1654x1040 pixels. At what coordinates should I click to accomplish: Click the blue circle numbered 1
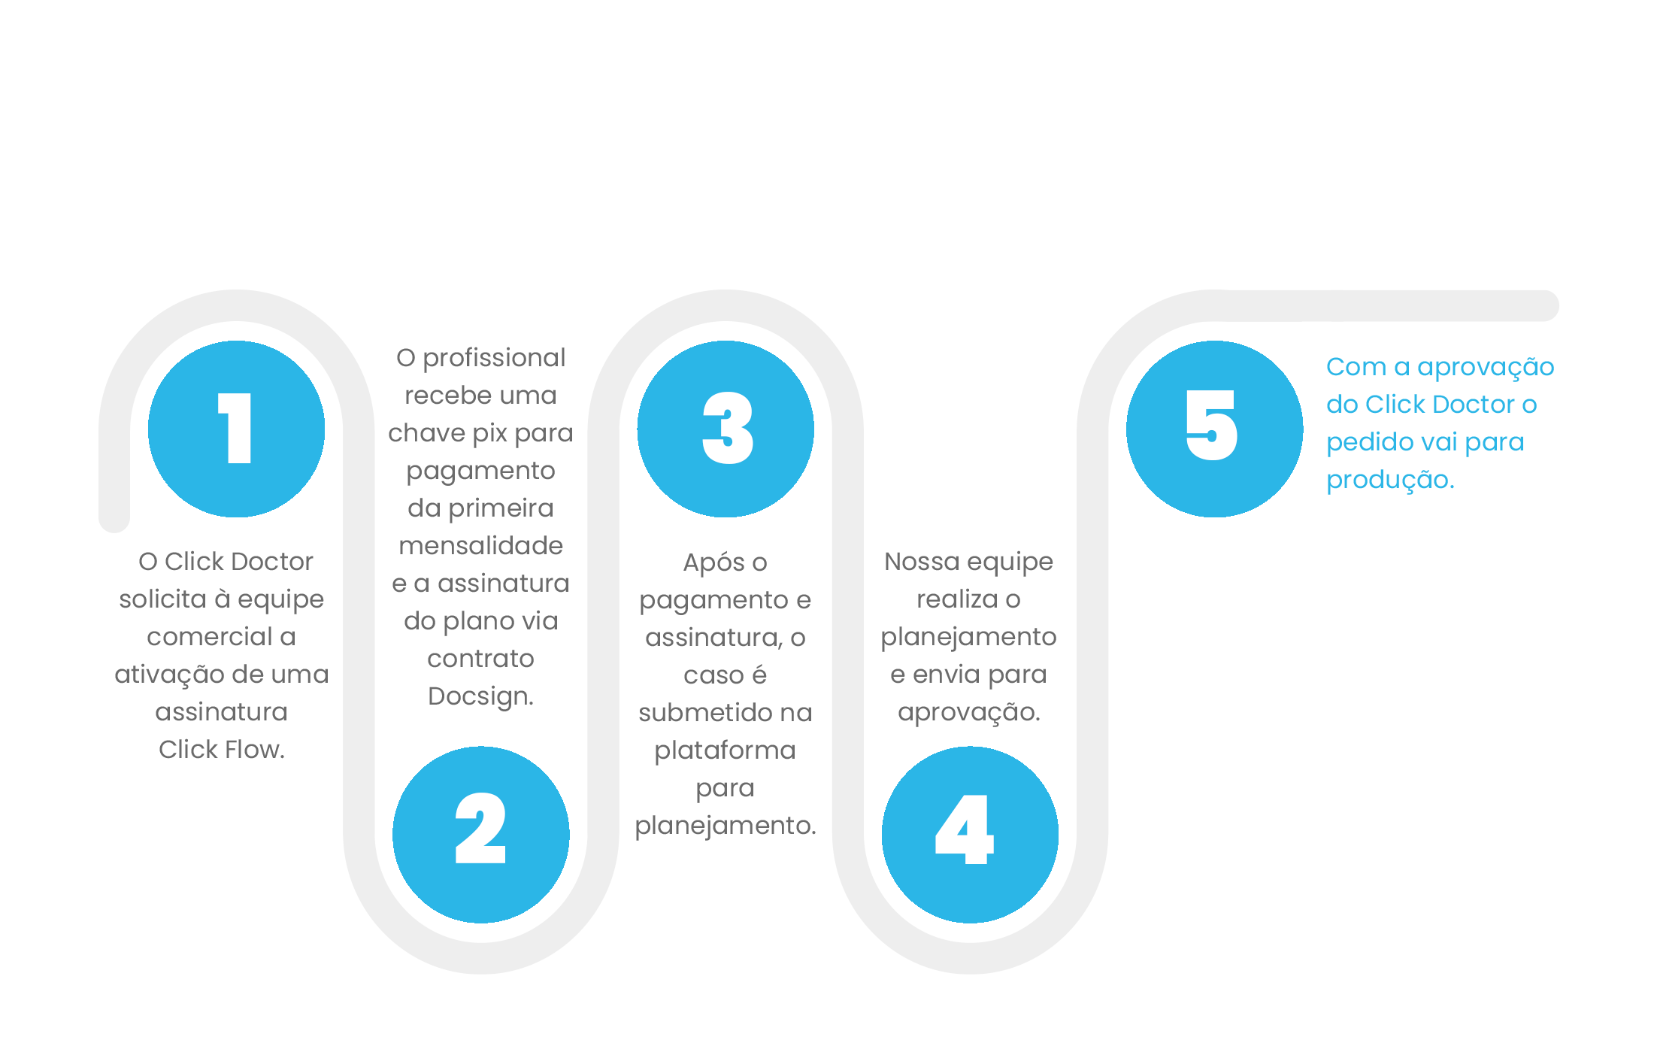[237, 429]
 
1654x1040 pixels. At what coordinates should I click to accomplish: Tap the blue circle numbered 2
[481, 835]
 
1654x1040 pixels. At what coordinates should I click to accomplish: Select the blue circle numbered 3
[726, 429]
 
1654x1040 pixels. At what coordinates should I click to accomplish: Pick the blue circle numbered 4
[970, 835]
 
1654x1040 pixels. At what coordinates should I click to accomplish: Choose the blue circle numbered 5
[1214, 429]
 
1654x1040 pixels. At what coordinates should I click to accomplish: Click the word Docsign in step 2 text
[478, 696]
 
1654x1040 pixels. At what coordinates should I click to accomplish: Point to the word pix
[489, 434]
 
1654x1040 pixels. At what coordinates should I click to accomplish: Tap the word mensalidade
[481, 545]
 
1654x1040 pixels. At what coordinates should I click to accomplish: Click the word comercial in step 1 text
[210, 637]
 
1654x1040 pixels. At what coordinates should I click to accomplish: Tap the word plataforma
[726, 750]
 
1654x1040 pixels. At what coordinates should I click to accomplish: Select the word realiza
[956, 599]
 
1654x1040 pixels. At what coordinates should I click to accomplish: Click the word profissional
[494, 359]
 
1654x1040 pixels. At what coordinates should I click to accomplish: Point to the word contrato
[481, 659]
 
